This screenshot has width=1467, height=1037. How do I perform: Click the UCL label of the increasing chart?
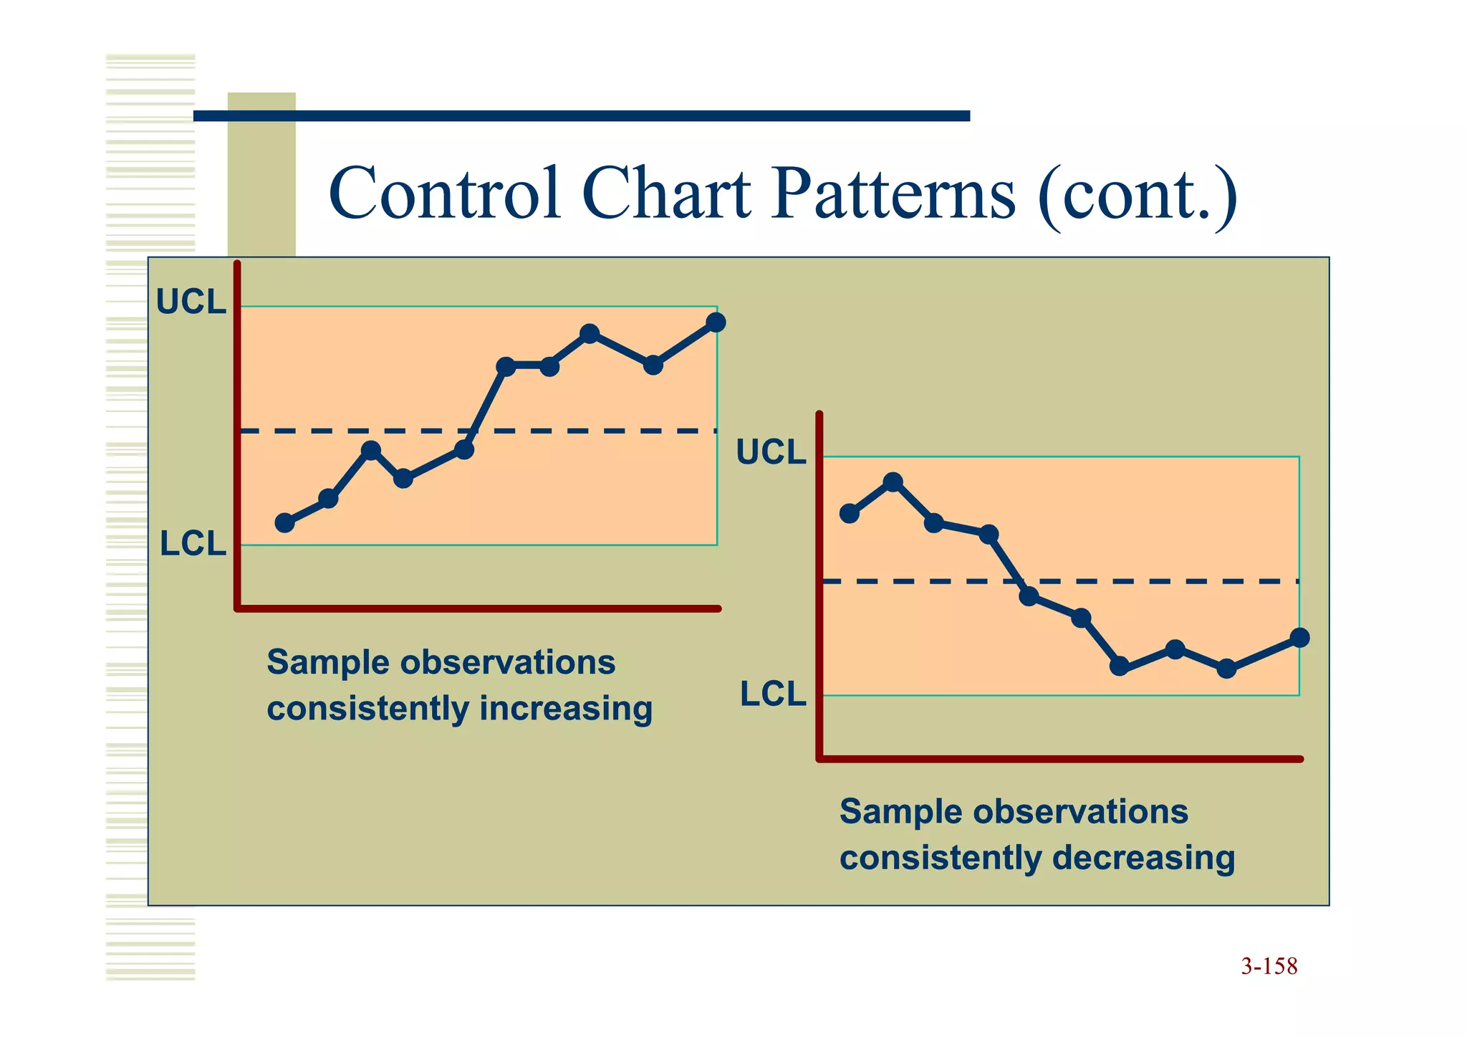tap(191, 302)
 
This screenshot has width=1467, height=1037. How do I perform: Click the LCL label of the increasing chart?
tap(192, 544)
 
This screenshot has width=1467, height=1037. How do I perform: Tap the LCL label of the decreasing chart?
tap(772, 694)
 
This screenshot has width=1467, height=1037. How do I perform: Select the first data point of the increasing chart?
tap(284, 522)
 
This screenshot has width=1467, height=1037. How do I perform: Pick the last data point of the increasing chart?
tap(716, 322)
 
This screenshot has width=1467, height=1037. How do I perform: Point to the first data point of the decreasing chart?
tap(849, 513)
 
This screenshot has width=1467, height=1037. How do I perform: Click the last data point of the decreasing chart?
tap(1299, 637)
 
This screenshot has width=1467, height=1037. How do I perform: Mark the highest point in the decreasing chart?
tap(893, 482)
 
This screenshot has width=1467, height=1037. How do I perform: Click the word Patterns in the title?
tap(893, 193)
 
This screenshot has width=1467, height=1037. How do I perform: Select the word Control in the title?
tap(445, 193)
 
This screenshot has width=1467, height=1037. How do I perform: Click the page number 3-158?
tap(1269, 966)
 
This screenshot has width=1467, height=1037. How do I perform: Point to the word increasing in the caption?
tap(566, 709)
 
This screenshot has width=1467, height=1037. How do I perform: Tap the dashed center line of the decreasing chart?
tap(1146, 581)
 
